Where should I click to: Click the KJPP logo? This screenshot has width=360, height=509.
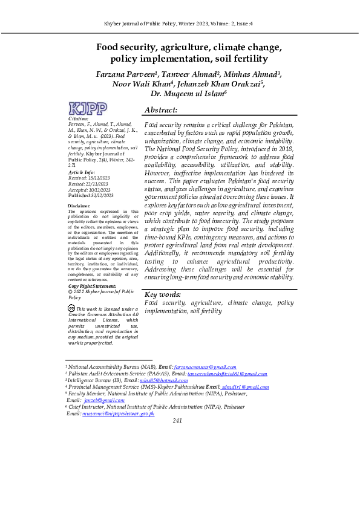(88, 108)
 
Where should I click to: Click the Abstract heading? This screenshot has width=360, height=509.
(161, 110)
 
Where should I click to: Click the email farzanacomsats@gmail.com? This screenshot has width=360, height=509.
(205, 367)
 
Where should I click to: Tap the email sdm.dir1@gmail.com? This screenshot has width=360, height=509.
(245, 387)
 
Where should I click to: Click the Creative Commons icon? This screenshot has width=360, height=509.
(71, 308)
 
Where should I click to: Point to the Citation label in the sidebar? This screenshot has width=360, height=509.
(79, 119)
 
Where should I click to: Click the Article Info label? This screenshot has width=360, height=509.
(82, 173)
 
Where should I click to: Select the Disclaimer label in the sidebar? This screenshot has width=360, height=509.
(80, 206)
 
